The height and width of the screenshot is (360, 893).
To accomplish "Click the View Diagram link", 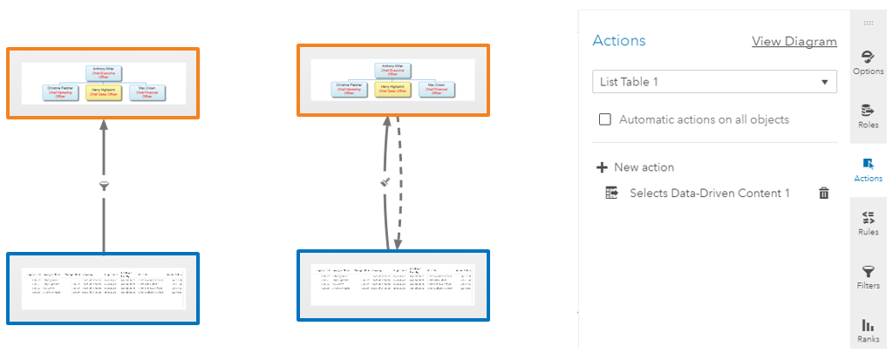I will coord(794,41).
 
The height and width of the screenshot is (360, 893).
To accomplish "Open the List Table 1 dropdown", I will coord(713,82).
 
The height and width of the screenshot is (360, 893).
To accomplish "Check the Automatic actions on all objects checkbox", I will coord(605,119).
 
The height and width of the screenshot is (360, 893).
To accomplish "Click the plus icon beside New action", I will coord(602,167).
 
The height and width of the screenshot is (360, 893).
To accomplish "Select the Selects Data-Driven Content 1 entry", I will coord(709,194).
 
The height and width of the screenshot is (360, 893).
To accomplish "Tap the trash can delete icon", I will coord(823,194).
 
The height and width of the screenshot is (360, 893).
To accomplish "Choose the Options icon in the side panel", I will coord(867,58).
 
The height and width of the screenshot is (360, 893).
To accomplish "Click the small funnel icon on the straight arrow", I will coord(104,186).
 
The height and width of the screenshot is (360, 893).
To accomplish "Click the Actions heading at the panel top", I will coord(619,41).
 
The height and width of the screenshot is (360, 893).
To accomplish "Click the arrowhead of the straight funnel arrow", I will coord(104,125).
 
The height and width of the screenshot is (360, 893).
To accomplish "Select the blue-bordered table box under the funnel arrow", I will coord(103,288).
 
